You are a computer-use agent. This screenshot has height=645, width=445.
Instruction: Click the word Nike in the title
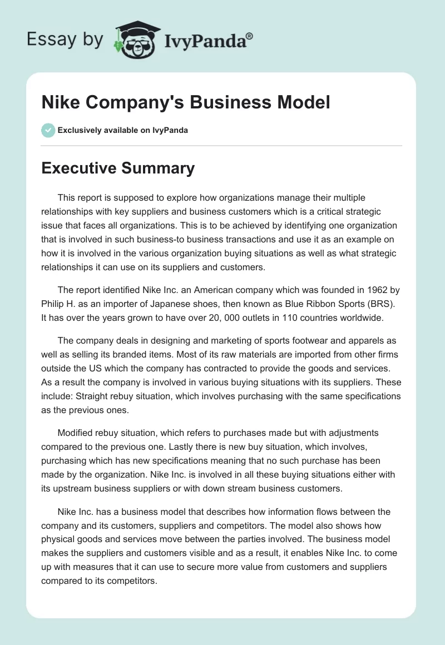point(60,102)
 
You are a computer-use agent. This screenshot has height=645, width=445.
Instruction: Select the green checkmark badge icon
point(48,130)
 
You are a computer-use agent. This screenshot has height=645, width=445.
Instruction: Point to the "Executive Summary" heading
point(118,168)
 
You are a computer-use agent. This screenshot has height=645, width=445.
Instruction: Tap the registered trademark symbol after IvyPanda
point(250,36)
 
